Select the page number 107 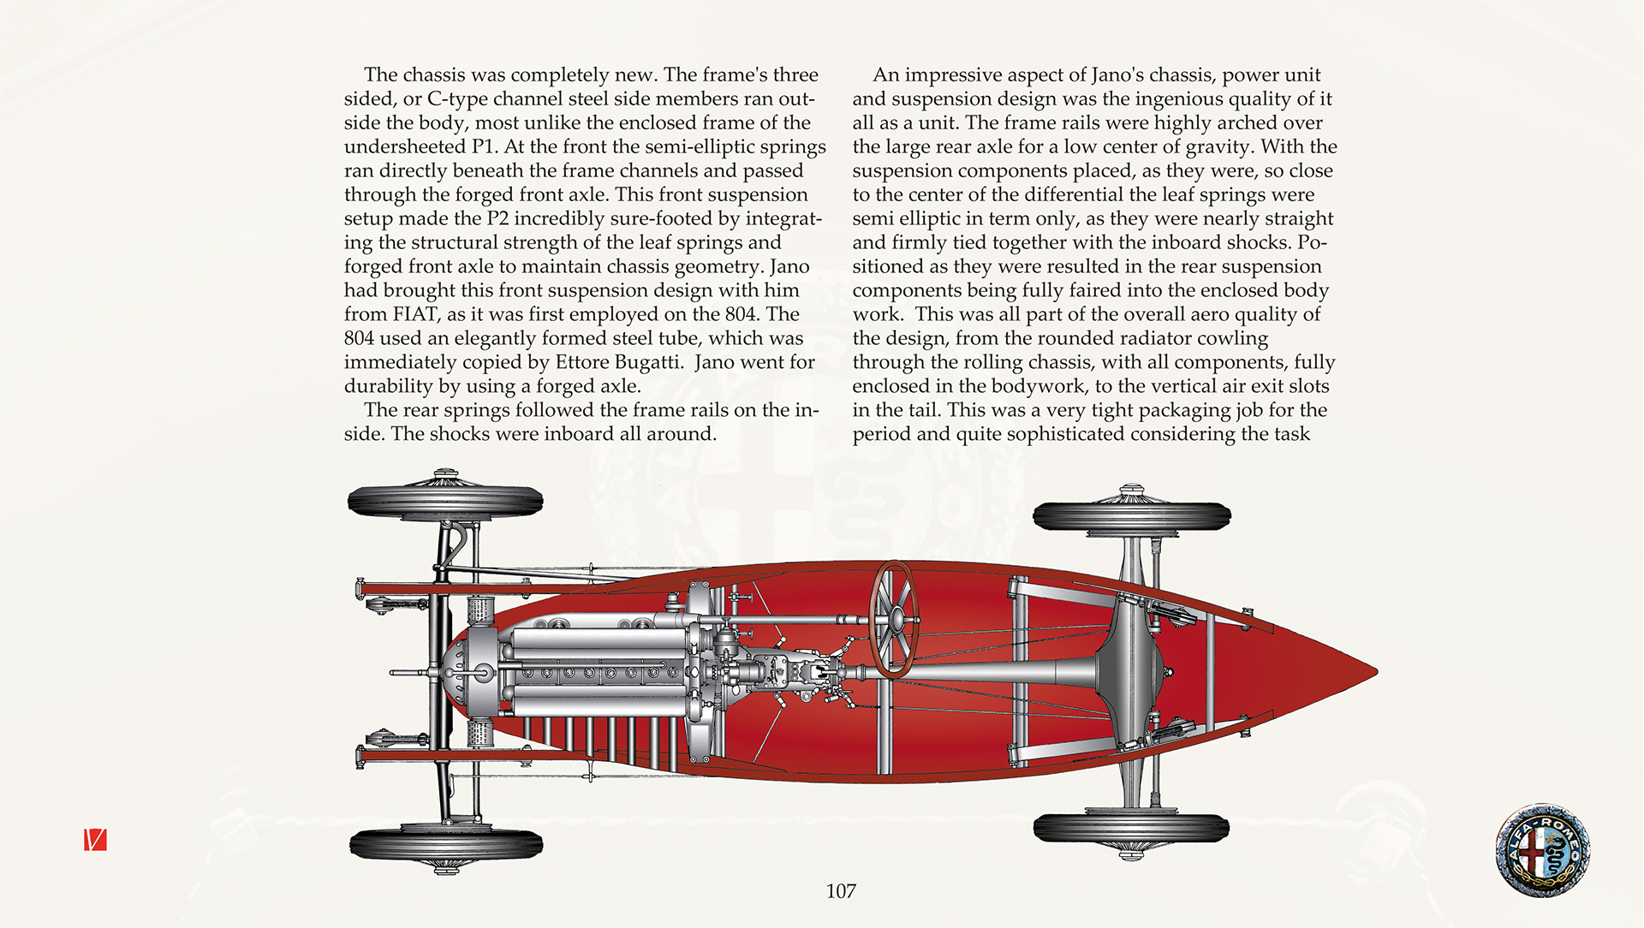coord(841,891)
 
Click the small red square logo coord(95,840)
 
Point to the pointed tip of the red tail coord(1376,672)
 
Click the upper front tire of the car coord(445,502)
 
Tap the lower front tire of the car coord(446,844)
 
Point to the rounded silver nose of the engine coord(471,672)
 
